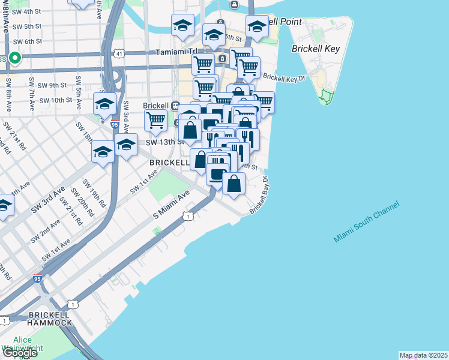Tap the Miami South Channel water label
point(366,223)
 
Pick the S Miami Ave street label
point(171,205)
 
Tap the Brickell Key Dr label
point(285,78)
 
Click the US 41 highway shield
point(120,54)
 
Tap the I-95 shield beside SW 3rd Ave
point(114,124)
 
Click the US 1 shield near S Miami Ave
point(188,216)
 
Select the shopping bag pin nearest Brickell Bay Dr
point(234,184)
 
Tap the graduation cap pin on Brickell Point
point(257,26)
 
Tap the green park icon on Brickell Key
point(327,95)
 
